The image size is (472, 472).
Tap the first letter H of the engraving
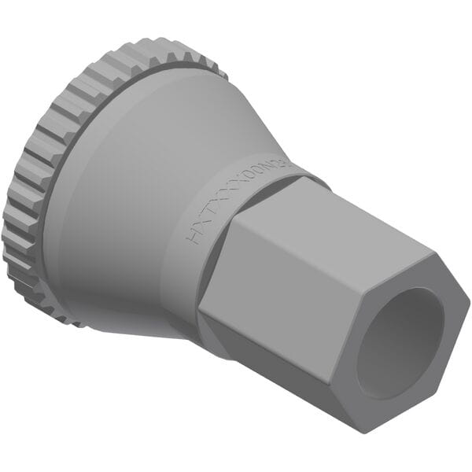click(192, 236)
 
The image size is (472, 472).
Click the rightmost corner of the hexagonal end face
click(469, 300)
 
